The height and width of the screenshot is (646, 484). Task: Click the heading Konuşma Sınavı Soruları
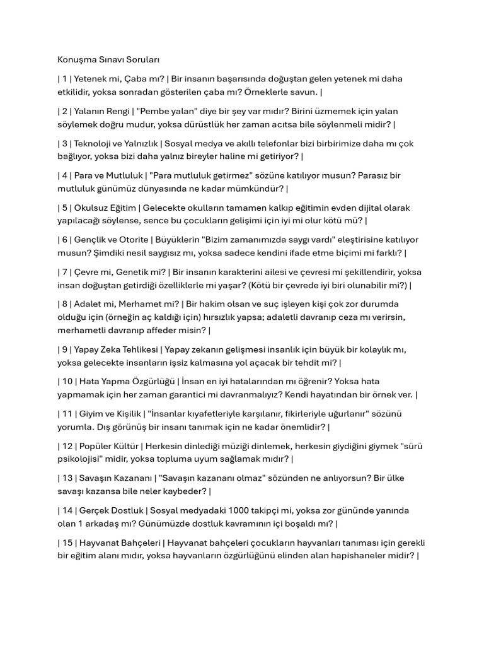(x=108, y=60)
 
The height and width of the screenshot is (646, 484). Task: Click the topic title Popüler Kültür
(x=104, y=446)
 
